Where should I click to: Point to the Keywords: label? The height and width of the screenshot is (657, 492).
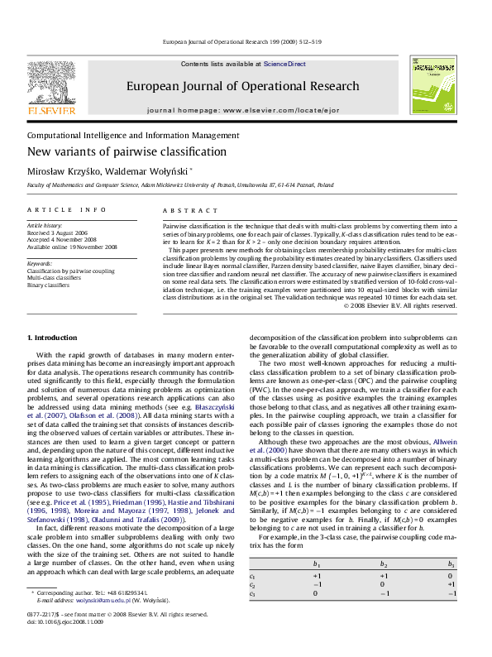(x=40, y=263)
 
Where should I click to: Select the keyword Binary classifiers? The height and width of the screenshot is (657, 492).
(x=49, y=285)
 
